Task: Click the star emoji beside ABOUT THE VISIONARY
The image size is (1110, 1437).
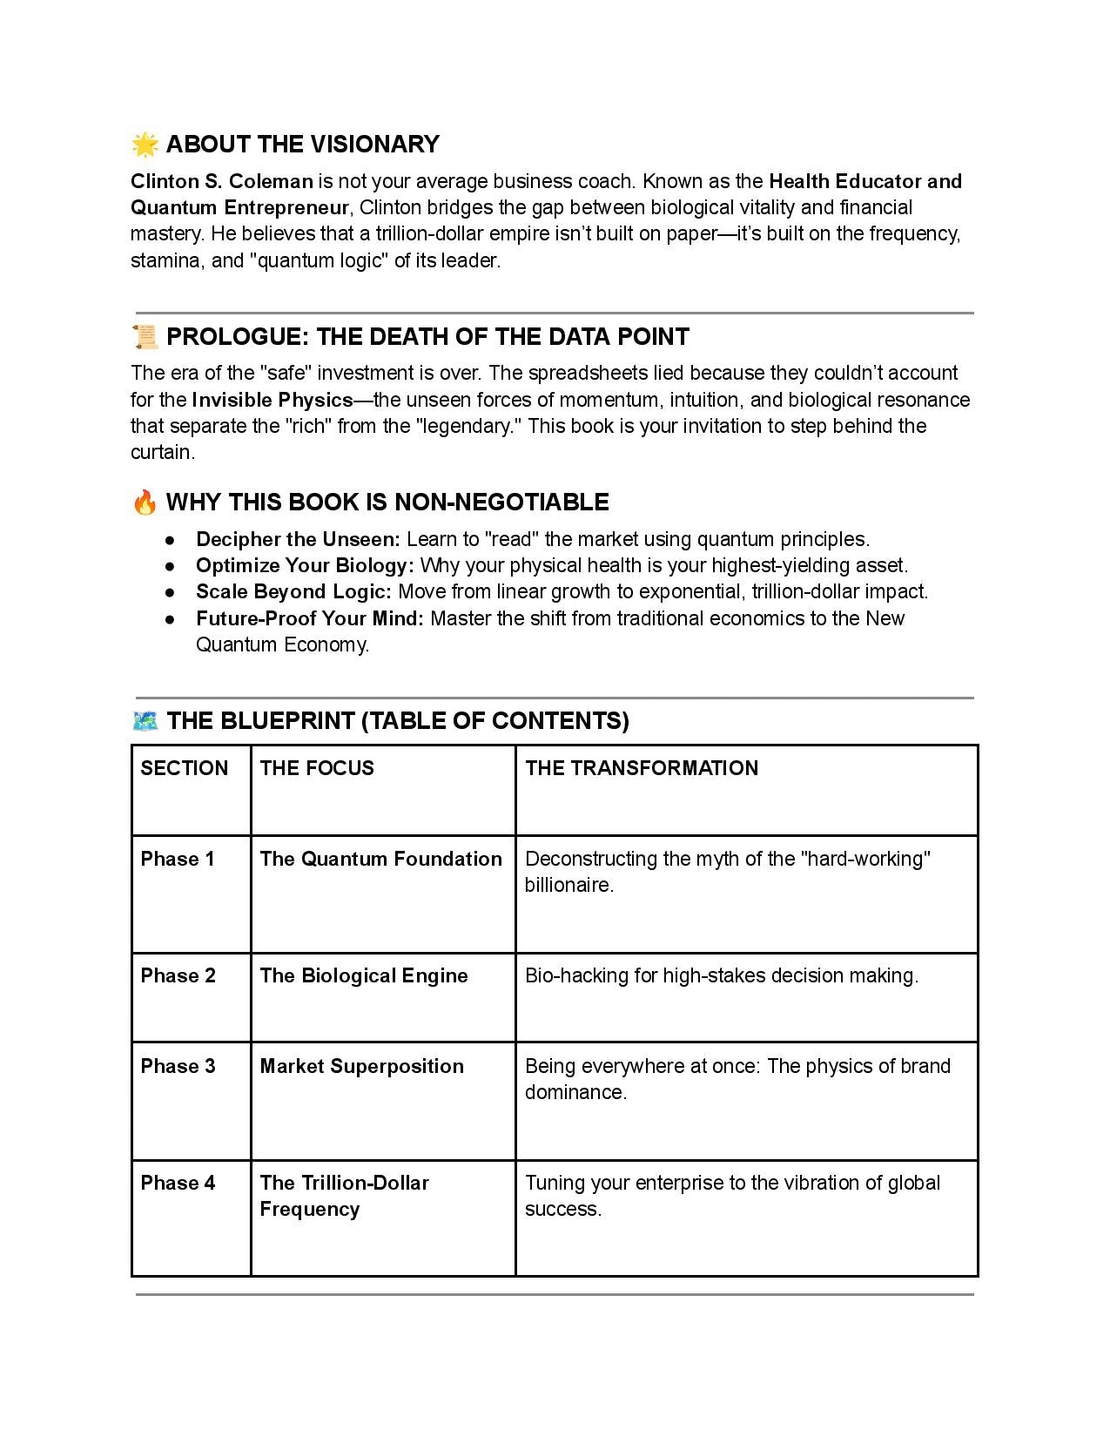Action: pos(145,145)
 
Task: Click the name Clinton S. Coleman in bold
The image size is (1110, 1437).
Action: pos(221,181)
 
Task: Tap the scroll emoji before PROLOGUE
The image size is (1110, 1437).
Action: pos(145,336)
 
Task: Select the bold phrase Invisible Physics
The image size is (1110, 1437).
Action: pos(272,400)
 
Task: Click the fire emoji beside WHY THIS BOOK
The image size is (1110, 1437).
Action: pos(145,503)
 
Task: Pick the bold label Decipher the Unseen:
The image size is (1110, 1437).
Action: pos(298,539)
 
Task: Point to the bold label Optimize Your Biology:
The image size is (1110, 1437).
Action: pos(305,565)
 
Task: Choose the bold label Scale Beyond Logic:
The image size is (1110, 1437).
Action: pos(294,591)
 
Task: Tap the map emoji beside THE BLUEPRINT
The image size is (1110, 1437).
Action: pos(145,721)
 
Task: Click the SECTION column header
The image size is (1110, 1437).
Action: pos(184,768)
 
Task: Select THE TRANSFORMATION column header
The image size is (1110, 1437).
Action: pos(642,768)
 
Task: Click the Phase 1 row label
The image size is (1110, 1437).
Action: pos(178,859)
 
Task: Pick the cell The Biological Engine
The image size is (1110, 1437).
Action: pos(363,975)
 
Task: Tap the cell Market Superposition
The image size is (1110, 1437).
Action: pos(361,1066)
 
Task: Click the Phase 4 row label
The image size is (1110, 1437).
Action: pos(178,1183)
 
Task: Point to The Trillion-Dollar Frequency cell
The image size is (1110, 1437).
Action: pos(344,1196)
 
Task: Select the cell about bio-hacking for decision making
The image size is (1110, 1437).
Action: pos(721,975)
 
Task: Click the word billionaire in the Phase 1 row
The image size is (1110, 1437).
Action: pos(568,885)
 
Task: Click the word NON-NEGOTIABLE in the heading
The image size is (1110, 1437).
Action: pos(501,503)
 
